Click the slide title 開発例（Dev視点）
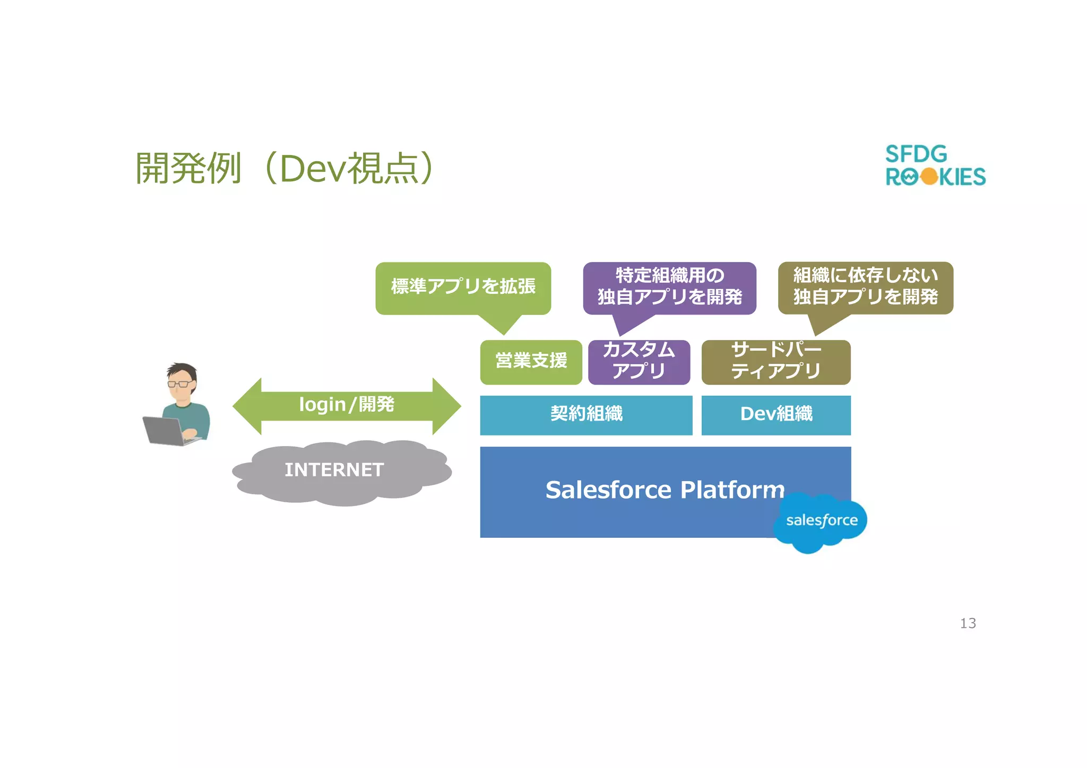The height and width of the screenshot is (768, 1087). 287,169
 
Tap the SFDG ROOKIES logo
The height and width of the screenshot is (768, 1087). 935,165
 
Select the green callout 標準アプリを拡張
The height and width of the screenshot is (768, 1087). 463,287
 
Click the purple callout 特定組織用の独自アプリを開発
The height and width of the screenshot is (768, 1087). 669,287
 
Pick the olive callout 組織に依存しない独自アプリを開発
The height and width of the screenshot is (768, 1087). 865,287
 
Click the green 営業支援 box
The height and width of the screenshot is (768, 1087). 531,362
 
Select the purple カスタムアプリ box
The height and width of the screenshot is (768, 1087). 639,362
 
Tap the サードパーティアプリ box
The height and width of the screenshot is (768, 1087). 775,362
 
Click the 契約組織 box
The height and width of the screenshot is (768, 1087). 586,414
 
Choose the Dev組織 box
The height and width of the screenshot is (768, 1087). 775,414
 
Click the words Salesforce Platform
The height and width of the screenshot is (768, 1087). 665,490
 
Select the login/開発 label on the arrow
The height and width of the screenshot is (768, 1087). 347,405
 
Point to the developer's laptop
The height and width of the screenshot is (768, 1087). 163,430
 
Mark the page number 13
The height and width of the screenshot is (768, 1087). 968,623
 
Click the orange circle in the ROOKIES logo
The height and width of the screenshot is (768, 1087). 929,177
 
